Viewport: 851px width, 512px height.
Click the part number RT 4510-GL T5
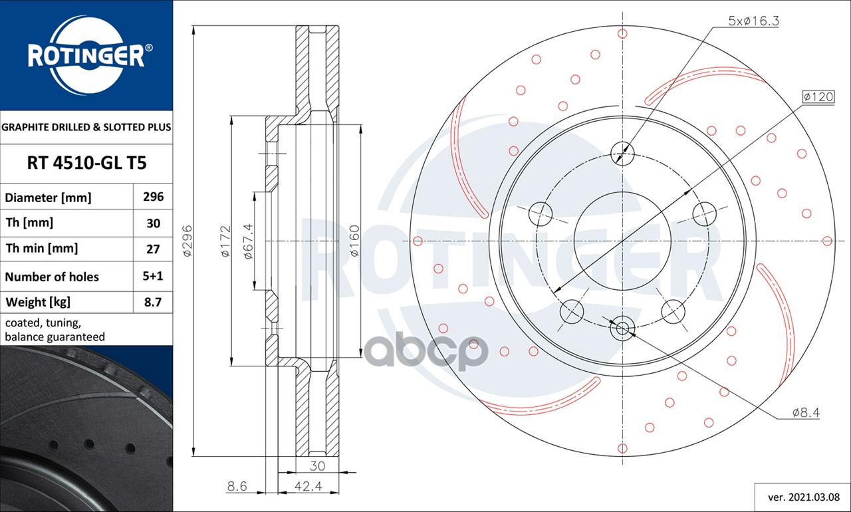point(86,163)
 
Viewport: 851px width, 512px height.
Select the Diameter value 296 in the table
point(153,197)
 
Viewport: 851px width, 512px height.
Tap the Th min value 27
point(153,249)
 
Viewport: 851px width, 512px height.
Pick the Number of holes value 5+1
point(153,276)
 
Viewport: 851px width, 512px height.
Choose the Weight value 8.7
point(153,303)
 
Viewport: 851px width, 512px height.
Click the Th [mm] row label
point(29,223)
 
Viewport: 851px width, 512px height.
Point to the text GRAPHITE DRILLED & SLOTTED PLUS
point(86,127)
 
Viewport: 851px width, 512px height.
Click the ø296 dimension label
point(187,241)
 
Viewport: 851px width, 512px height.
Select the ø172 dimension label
point(225,241)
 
